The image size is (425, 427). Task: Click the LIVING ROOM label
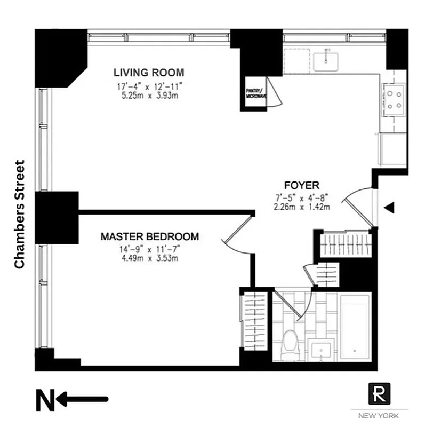(149, 73)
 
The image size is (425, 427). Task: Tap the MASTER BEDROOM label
(150, 236)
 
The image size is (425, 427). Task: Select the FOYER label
(301, 185)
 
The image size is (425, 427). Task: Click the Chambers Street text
(20, 214)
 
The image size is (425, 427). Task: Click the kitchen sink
(325, 60)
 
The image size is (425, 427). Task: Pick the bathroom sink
(323, 351)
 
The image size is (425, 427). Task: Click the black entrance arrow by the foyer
(390, 208)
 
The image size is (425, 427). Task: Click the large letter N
(45, 400)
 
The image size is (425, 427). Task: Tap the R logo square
(379, 394)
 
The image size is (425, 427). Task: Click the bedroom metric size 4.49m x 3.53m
(150, 258)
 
